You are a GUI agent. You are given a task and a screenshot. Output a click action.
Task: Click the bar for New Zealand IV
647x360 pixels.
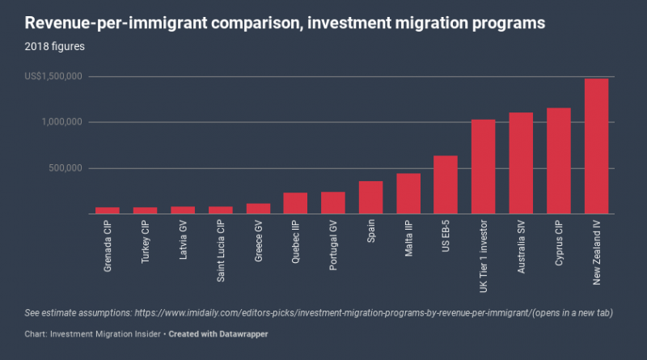pyautogui.click(x=596, y=146)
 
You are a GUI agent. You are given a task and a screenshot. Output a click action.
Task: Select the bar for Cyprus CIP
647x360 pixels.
pyautogui.click(x=558, y=161)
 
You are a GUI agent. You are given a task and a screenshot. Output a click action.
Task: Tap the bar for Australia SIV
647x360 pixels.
pyautogui.click(x=521, y=163)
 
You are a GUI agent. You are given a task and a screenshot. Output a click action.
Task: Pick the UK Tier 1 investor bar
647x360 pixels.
pyautogui.click(x=483, y=167)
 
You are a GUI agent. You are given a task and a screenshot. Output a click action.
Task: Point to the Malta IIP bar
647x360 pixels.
pyautogui.click(x=408, y=193)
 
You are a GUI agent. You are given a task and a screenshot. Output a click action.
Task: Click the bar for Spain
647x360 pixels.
pyautogui.click(x=370, y=197)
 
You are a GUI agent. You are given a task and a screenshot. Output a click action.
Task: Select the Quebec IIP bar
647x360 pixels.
pyautogui.click(x=295, y=203)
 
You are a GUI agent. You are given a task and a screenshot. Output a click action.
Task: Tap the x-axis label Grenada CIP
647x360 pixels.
pyautogui.click(x=108, y=247)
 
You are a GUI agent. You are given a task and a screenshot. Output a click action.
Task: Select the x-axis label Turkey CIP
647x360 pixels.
pyautogui.click(x=146, y=244)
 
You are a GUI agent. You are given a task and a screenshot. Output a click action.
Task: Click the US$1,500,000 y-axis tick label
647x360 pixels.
pyautogui.click(x=53, y=77)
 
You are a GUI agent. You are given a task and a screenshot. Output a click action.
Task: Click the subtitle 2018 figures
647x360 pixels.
pyautogui.click(x=54, y=46)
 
